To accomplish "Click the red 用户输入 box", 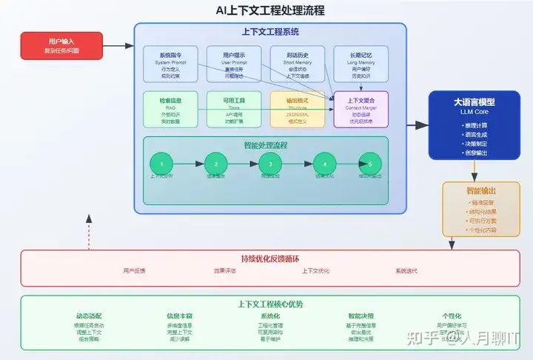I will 61,45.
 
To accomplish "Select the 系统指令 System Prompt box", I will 170,64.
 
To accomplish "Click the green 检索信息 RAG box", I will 170,109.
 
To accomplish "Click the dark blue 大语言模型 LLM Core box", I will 474,124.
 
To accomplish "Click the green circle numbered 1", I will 161,164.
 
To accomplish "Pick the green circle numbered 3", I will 270,164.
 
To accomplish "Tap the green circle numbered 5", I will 370,164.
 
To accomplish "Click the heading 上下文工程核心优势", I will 270,304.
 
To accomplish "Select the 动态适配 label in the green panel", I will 90,316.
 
